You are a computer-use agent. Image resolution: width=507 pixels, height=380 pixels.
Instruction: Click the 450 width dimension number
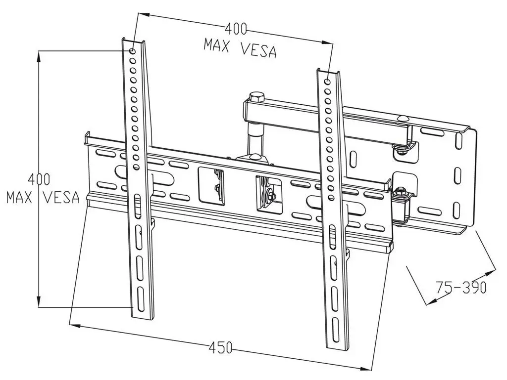[220, 348]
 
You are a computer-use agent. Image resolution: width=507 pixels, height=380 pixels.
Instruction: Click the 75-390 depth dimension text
[461, 287]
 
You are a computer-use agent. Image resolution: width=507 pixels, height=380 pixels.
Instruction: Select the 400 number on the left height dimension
[39, 179]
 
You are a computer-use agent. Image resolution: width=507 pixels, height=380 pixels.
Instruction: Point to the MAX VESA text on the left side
[43, 197]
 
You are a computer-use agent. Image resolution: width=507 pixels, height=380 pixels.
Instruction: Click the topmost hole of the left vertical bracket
[132, 51]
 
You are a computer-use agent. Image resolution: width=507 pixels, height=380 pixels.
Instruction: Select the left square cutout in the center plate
[211, 185]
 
